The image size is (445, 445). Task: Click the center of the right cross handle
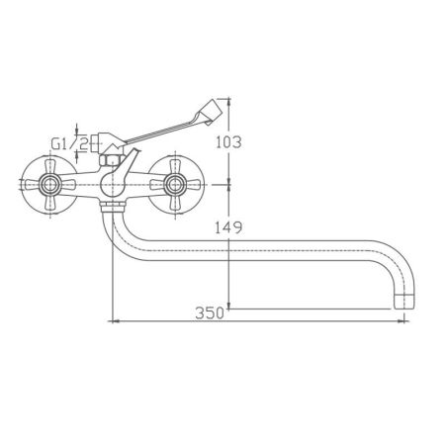178,183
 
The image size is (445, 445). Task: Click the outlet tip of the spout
403,300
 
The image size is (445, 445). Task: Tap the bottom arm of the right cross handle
178,204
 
